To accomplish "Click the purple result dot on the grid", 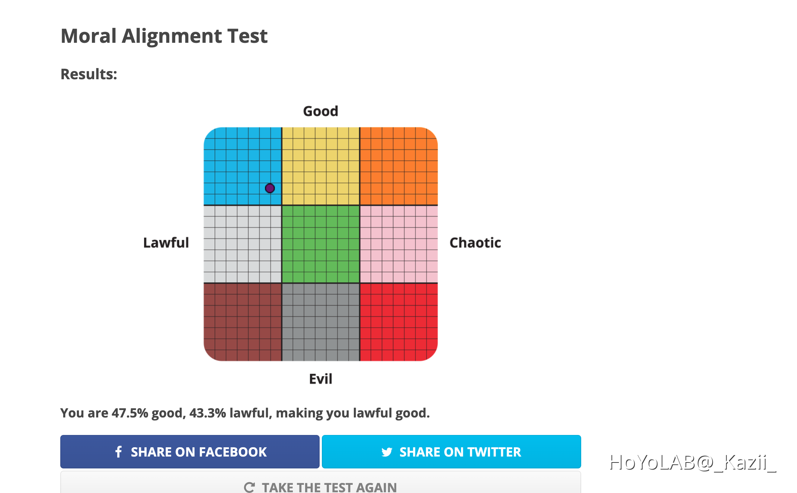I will coord(270,188).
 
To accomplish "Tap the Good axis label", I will coord(320,111).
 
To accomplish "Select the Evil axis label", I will coord(320,379).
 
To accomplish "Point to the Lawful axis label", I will coord(166,243).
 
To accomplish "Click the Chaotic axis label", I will coord(475,243).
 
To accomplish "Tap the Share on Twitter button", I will coord(451,452).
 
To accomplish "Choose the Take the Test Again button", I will coord(320,486).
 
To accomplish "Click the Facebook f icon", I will coord(119,452).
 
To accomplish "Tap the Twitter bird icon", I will coord(387,452).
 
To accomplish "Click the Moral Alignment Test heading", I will coord(164,36).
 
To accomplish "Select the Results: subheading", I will coord(89,74).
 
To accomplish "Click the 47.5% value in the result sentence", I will coord(130,413).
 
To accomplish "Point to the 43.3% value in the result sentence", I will coord(208,413).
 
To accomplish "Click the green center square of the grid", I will coord(321,244).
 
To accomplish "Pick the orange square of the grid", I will coord(398,166).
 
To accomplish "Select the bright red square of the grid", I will coord(398,322).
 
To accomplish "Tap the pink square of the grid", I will coord(398,244).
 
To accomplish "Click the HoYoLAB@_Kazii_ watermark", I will coord(692,462).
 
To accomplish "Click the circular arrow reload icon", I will coord(249,487).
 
